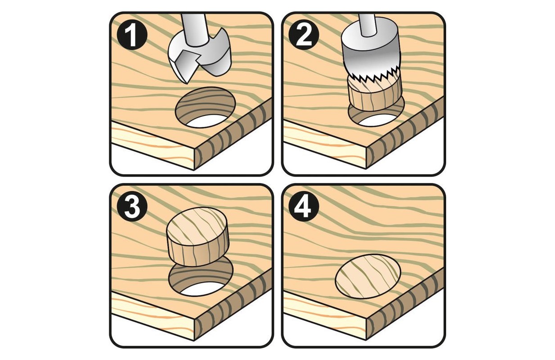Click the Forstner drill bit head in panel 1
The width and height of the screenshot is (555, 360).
(199, 58)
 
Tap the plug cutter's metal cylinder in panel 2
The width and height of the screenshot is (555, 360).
(370, 53)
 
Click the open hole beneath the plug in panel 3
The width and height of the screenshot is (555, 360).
(201, 279)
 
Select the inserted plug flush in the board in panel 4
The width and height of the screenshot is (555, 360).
(368, 276)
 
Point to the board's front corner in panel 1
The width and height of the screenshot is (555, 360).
(194, 149)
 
